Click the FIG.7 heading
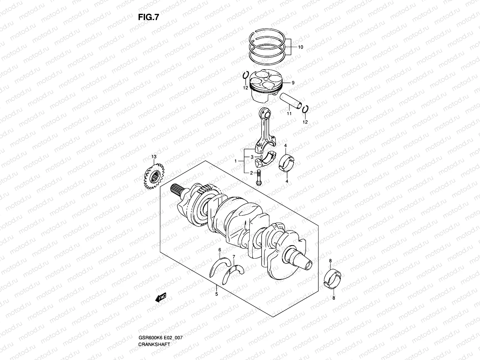coord(148,18)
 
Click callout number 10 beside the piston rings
coord(300,47)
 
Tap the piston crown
coord(264,79)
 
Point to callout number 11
coord(289,114)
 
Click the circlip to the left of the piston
coord(245,76)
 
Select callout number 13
coord(154,157)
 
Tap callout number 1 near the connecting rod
coord(236,161)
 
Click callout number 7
coord(234,256)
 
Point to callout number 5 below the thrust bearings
coord(216,294)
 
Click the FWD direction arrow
coord(161,298)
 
